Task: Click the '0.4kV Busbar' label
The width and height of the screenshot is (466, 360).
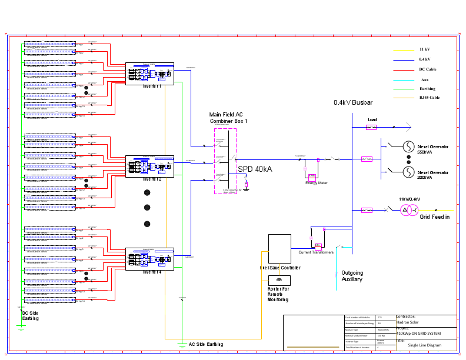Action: [x=353, y=102]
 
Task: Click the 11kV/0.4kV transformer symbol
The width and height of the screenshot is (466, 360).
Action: [x=411, y=210]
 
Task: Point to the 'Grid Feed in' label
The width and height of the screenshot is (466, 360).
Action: [x=434, y=217]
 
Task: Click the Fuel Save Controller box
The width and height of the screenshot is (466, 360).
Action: [x=279, y=249]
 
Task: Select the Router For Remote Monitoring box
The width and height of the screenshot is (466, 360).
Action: [x=279, y=280]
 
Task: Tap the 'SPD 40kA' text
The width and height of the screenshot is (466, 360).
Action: [x=255, y=169]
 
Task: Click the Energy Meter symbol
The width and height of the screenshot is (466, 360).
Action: [x=312, y=176]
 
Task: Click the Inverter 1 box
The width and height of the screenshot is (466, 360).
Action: [x=149, y=74]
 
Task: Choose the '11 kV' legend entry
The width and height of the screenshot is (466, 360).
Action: [x=424, y=49]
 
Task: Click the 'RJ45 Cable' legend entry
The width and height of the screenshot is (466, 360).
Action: [x=429, y=98]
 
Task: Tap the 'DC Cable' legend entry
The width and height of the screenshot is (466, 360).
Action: [x=427, y=69]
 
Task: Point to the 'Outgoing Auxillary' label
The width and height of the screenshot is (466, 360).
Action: [x=352, y=276]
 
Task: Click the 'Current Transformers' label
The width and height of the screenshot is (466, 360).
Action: [x=316, y=252]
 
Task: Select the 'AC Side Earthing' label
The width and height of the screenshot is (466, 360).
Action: [x=205, y=344]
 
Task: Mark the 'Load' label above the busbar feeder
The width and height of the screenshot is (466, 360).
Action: [x=372, y=120]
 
